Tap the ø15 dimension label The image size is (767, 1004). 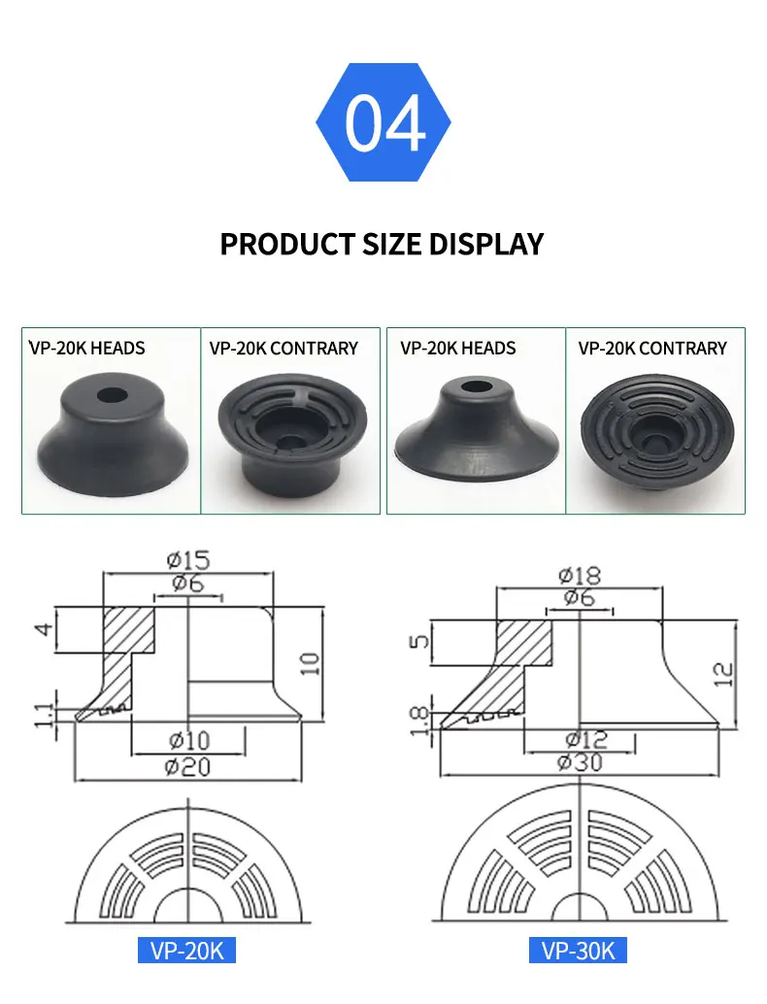click(187, 560)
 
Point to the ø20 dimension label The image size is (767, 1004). click(187, 767)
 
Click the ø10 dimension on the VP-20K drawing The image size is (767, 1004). click(187, 741)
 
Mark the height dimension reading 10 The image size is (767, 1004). click(310, 664)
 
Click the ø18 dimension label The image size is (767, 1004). click(580, 575)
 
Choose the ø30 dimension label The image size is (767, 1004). click(580, 763)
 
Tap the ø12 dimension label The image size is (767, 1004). click(580, 739)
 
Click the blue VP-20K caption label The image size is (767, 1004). click(187, 950)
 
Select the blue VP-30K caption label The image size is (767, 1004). click(579, 950)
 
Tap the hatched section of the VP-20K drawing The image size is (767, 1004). click(126, 631)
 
